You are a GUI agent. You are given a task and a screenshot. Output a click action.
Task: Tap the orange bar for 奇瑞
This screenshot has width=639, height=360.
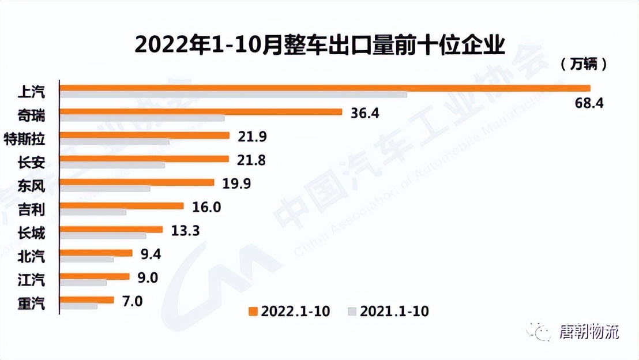point(201,112)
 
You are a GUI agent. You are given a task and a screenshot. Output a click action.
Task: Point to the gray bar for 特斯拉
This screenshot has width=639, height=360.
point(115,141)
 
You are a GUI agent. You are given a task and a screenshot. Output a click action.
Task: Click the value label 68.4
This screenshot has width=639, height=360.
point(589,104)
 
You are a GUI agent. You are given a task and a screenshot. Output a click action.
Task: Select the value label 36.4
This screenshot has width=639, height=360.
point(364,113)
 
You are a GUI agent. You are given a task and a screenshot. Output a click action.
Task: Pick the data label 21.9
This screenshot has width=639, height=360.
point(251,137)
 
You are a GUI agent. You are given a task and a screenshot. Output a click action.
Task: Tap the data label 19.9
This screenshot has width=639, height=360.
point(236,183)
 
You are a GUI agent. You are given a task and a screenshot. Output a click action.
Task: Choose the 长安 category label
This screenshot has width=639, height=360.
point(31,162)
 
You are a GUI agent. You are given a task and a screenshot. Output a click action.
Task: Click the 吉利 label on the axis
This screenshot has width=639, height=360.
point(31,209)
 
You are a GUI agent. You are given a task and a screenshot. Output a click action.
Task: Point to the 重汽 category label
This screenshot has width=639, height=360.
point(31,303)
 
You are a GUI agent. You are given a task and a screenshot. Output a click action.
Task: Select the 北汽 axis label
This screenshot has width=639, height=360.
point(31,256)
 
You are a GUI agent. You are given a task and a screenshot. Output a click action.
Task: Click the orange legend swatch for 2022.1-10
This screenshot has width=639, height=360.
point(252,312)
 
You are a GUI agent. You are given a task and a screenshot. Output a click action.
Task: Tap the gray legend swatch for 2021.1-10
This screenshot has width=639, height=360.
point(352,312)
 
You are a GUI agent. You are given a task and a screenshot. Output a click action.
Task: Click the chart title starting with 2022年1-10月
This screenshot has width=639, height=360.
point(319,44)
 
